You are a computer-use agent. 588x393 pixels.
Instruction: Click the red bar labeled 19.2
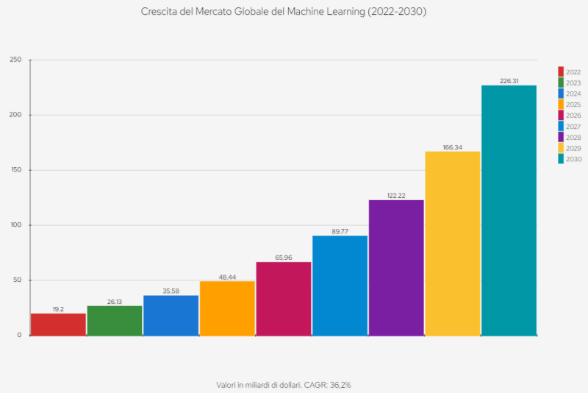58,325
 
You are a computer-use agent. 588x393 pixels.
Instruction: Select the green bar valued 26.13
115,321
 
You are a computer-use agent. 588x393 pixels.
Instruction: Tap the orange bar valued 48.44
227,308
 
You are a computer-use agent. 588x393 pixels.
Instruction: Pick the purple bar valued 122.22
396,268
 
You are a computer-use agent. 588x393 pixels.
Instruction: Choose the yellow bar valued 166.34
453,244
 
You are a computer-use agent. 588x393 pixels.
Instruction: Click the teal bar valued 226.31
509,210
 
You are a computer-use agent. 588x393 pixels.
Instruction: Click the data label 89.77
340,232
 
